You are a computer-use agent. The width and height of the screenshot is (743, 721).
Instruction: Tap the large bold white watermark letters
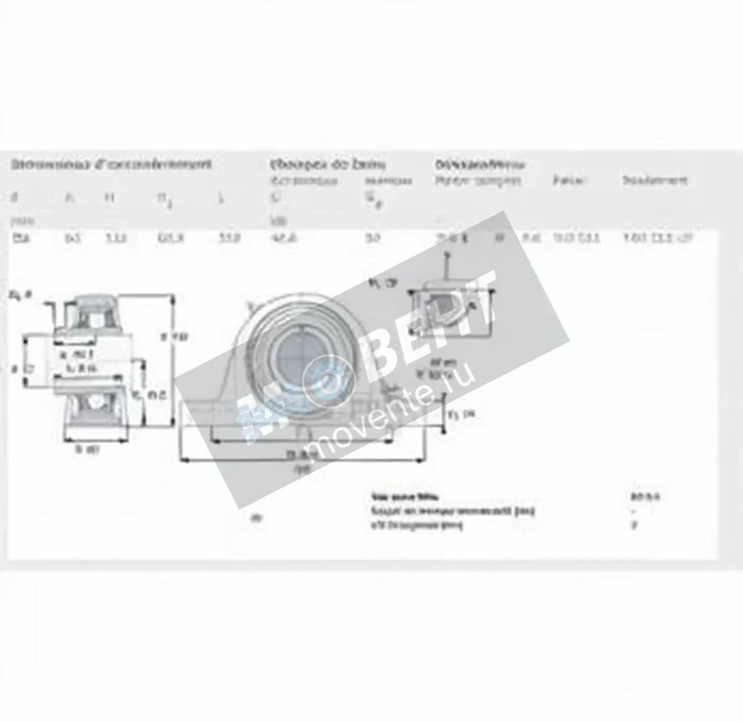(427, 329)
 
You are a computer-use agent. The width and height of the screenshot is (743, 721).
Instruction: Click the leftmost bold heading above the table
(111, 165)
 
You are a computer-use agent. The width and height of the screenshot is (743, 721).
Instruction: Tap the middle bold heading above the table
(328, 165)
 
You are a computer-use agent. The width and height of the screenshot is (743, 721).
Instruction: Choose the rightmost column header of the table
(654, 181)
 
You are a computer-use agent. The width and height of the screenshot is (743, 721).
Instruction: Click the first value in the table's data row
(18, 238)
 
